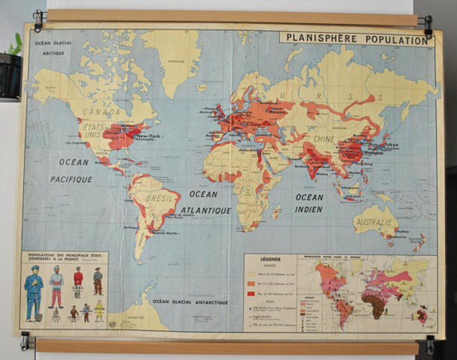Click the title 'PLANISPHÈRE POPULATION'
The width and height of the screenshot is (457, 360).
point(356,37)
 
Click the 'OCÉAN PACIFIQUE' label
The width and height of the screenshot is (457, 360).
point(71,170)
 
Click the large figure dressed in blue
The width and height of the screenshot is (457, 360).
point(34,292)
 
